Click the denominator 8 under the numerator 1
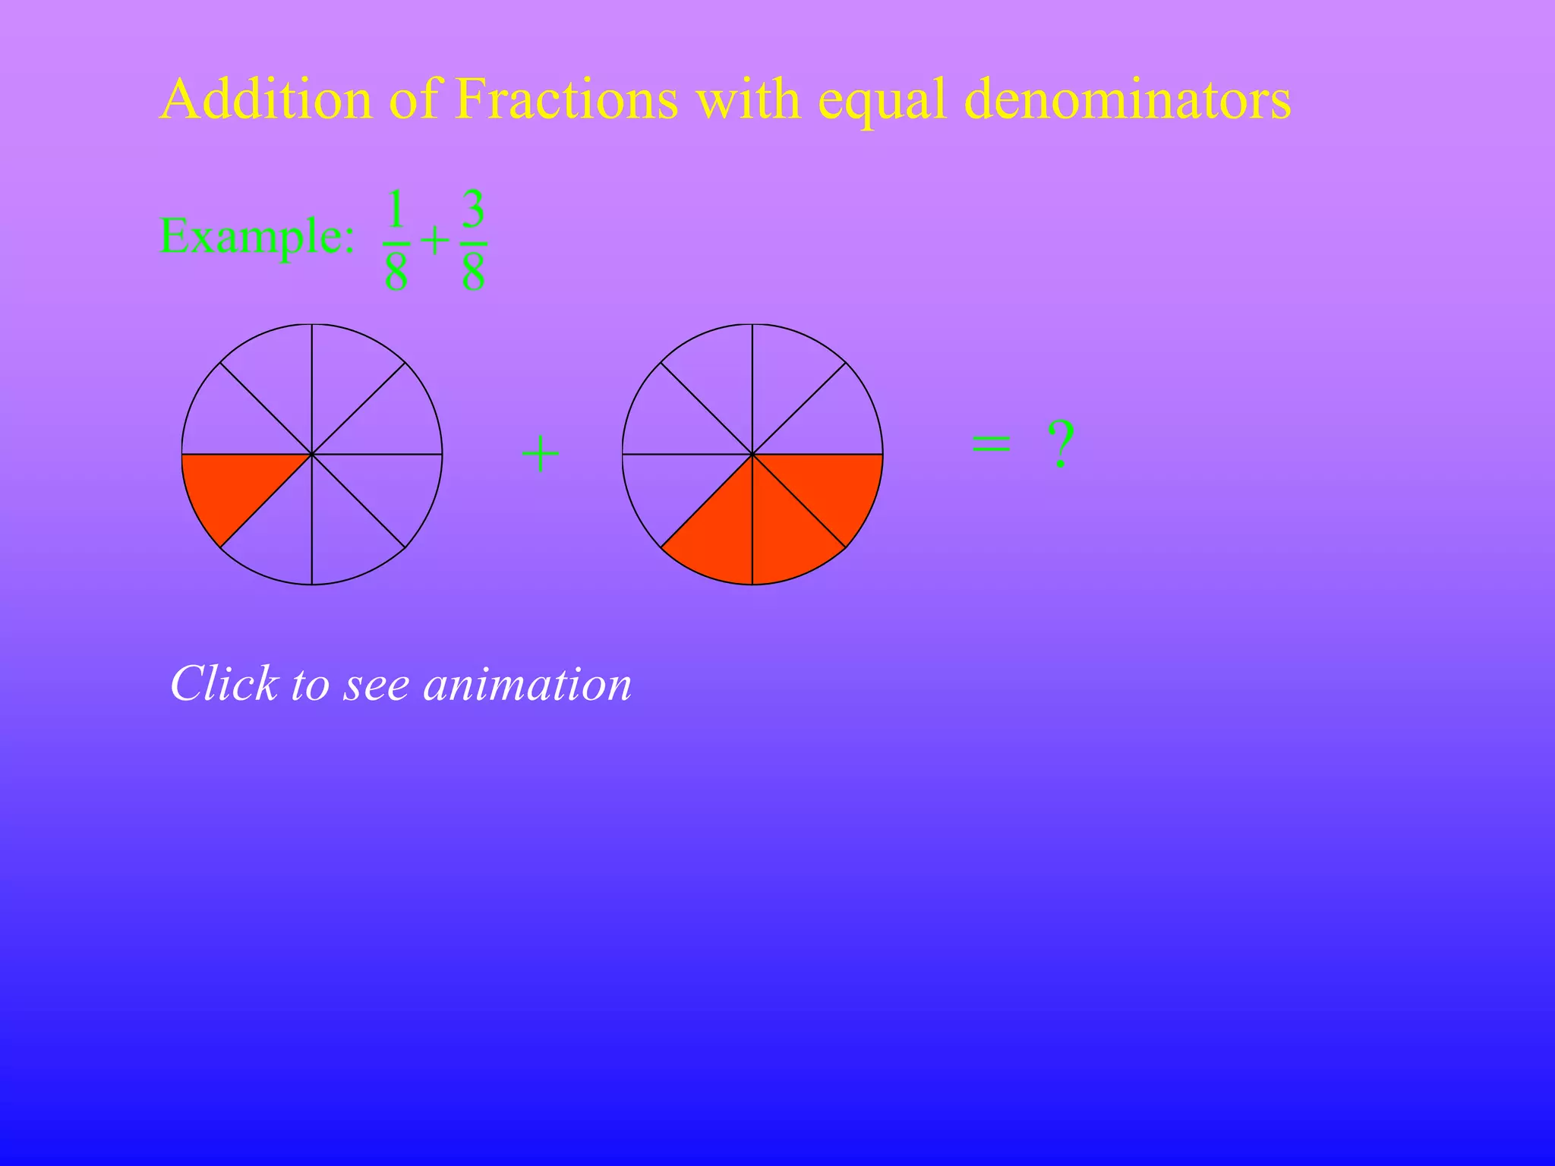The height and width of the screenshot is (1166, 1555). (x=396, y=273)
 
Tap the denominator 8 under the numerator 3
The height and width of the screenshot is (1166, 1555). (x=474, y=273)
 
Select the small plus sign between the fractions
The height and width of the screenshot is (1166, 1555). (x=435, y=242)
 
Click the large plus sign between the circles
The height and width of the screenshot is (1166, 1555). (x=541, y=455)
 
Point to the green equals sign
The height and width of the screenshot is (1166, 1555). (x=992, y=444)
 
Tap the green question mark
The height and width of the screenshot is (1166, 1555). (x=1061, y=446)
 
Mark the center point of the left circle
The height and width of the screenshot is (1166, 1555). (x=312, y=455)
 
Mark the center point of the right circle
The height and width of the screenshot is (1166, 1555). (x=752, y=455)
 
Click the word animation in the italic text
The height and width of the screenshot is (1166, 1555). (x=528, y=684)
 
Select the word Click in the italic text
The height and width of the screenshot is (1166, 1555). (x=224, y=683)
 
